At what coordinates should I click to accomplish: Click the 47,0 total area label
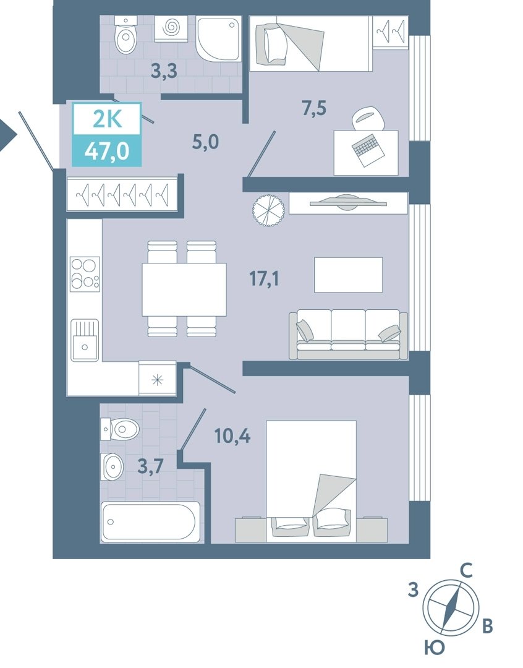pyautogui.click(x=107, y=150)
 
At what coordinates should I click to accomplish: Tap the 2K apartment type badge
pyautogui.click(x=108, y=119)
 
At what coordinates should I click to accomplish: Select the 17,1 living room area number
pyautogui.click(x=264, y=279)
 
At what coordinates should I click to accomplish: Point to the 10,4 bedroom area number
pyautogui.click(x=232, y=436)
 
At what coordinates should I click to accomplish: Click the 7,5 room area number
pyautogui.click(x=314, y=108)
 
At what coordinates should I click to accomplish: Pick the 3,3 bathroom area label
pyautogui.click(x=164, y=71)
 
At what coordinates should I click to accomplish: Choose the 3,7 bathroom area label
pyautogui.click(x=151, y=466)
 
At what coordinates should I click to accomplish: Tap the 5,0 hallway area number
pyautogui.click(x=205, y=142)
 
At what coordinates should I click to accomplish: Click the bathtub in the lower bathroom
pyautogui.click(x=150, y=522)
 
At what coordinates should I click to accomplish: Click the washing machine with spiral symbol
pyautogui.click(x=171, y=28)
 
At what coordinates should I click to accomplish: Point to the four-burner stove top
pyautogui.click(x=85, y=274)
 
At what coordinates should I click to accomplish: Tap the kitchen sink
pyautogui.click(x=85, y=340)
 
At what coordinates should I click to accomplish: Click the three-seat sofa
pyautogui.click(x=348, y=335)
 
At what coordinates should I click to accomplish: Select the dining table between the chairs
pyautogui.click(x=184, y=289)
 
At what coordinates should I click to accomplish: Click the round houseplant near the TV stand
pyautogui.click(x=268, y=210)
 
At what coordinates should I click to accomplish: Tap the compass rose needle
pyautogui.click(x=451, y=607)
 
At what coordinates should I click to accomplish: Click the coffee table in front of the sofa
pyautogui.click(x=349, y=275)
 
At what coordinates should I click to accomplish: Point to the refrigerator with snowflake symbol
pyautogui.click(x=158, y=379)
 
